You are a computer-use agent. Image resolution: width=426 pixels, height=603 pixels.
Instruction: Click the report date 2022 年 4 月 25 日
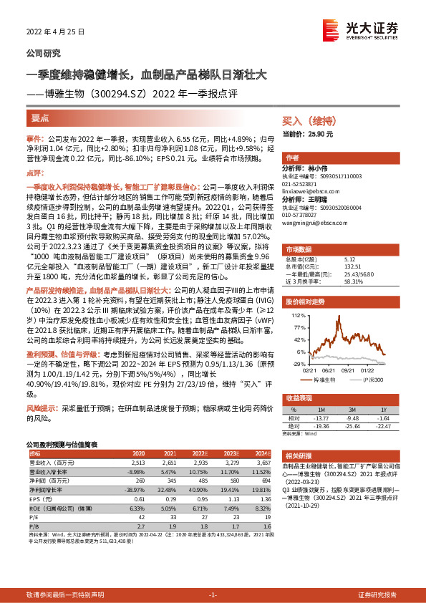tap(55, 32)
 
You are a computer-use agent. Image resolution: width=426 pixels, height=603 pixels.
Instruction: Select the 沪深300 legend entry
tap(372, 379)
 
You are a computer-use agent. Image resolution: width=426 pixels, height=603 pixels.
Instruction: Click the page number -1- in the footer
tap(212, 595)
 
